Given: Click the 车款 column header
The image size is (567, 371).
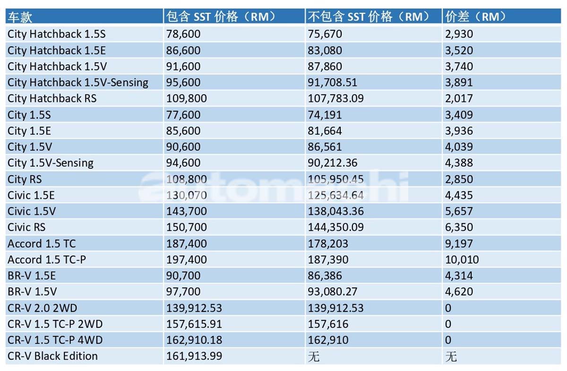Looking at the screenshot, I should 20,17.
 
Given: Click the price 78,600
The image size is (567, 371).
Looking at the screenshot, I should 183,34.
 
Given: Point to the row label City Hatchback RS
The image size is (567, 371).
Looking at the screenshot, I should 52,98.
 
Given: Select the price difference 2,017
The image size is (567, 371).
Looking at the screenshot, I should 459,98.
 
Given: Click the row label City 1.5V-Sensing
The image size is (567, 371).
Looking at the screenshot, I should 51,163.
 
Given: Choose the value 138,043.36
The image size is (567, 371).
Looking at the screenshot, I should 336,211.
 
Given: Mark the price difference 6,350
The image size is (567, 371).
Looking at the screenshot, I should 459,227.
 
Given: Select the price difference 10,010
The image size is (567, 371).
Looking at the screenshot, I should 462,259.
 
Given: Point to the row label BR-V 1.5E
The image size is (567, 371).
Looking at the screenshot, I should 32,276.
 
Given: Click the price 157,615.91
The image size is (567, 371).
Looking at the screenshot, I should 194,324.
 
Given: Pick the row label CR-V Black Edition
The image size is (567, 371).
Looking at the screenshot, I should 52,356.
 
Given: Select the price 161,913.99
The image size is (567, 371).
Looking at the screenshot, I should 194,356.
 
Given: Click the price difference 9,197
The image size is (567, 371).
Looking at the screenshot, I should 459,243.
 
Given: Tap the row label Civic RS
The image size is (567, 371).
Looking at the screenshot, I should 26,227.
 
